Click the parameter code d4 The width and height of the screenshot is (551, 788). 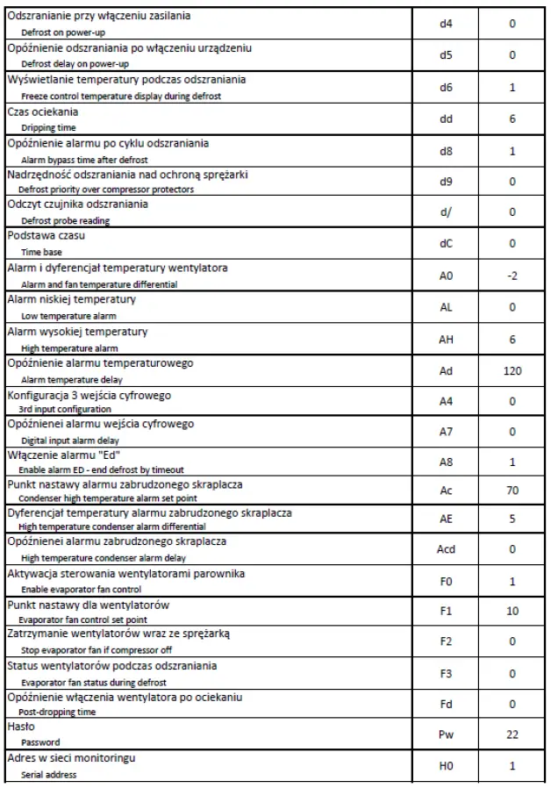pos(445,24)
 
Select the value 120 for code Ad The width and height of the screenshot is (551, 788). pos(512,370)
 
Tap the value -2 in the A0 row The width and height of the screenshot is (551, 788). pos(512,276)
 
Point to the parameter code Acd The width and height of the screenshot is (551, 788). pos(446,549)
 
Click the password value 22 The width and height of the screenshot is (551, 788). pos(512,734)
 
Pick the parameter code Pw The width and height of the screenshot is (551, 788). pos(445,734)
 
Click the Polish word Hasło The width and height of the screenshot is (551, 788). pos(20,727)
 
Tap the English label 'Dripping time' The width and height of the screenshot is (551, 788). pos(48,127)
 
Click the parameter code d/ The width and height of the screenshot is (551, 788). pos(445,211)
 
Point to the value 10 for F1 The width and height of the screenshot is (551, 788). pos(512,611)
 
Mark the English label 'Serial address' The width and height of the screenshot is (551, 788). pos(48,775)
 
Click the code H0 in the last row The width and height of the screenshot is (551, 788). pos(445,766)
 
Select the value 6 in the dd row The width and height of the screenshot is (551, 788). pos(512,118)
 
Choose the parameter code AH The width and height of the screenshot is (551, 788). pos(445,339)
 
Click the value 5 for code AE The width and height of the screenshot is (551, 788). pos(512,519)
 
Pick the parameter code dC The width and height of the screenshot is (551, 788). pos(445,243)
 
